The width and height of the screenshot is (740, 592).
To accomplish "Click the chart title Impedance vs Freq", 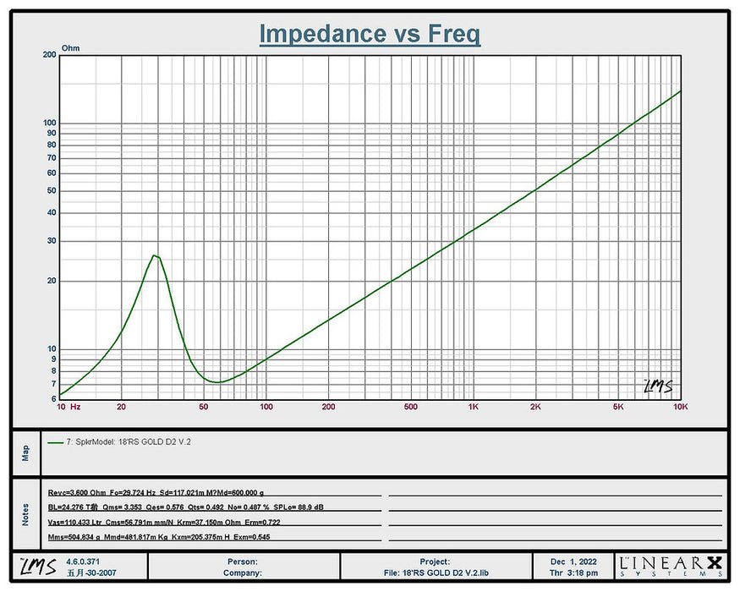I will pos(370,34).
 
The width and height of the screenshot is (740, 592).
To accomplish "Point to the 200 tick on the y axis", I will pos(49,55).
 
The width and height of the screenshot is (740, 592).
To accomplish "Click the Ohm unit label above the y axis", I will pos(72,49).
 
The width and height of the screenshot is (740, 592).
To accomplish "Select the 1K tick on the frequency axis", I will pos(474,407).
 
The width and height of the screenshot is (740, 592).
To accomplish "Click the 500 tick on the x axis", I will pos(411,407).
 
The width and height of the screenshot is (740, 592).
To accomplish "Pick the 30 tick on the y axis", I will pos(51,241).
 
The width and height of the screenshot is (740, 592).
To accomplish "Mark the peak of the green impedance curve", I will pos(154,255).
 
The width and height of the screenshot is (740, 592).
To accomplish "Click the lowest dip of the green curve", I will pos(218,382).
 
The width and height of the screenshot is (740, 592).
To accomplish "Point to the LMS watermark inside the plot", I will pos(658,386).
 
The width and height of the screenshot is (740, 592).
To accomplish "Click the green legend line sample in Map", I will pos(56,441).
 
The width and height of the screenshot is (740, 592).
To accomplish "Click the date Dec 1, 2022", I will pos(574,561).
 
